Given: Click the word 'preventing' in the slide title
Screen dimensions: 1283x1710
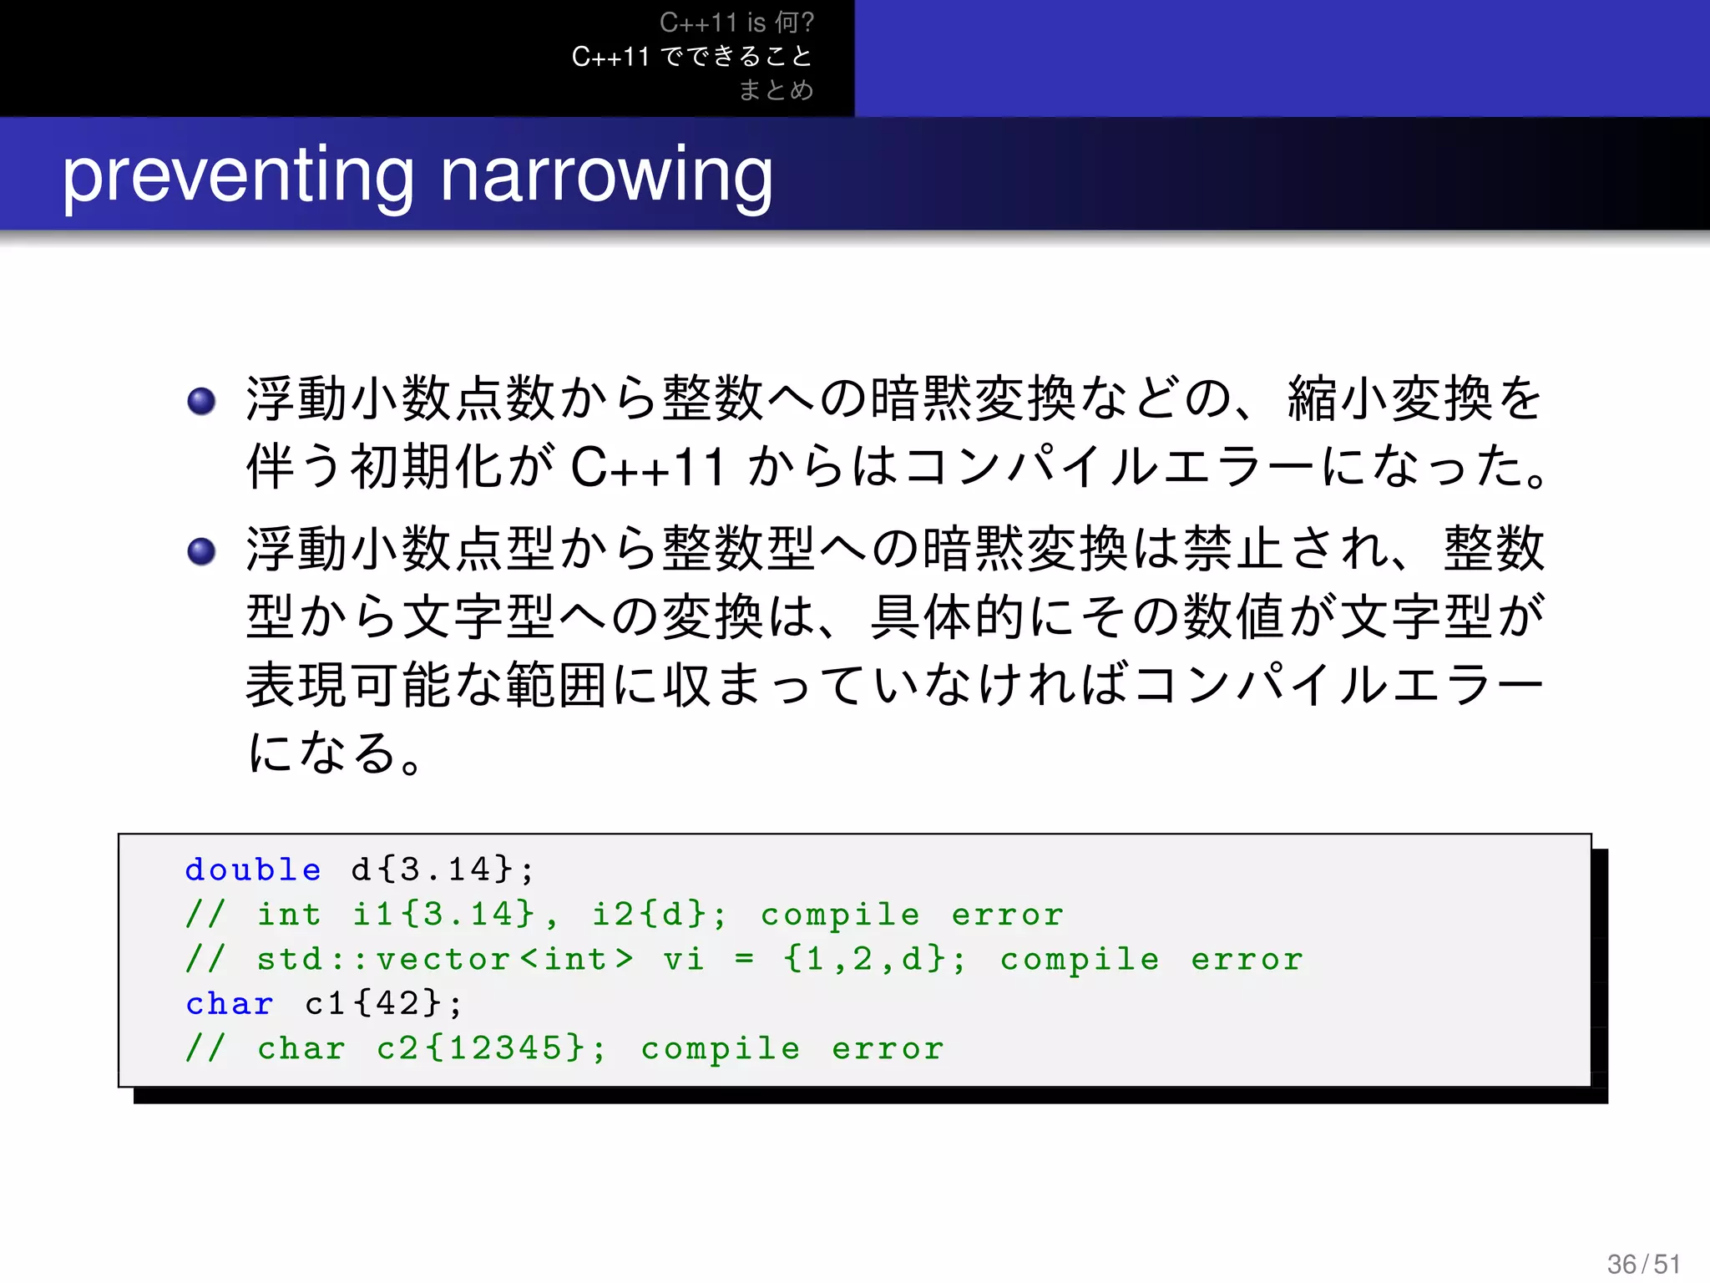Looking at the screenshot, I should (238, 177).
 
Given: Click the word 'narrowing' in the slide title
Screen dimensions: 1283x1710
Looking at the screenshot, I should (606, 177).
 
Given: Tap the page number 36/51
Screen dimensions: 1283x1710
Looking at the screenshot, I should (1643, 1264).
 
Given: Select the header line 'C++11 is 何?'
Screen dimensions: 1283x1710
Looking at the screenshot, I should (736, 23).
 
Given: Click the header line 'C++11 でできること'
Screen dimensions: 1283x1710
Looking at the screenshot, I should (692, 57).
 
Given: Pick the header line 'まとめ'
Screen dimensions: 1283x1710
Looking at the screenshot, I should (776, 89).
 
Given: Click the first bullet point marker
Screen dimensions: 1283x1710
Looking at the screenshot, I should (202, 402).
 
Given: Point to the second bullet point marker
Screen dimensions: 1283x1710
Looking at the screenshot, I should (202, 551).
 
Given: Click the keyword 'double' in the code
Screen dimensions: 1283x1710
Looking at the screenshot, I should (253, 870).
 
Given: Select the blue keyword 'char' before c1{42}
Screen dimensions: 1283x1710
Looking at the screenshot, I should (230, 1004).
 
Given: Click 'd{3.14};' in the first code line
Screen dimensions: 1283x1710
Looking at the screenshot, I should (443, 870).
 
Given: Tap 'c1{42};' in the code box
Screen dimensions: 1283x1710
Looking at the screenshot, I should (383, 1004).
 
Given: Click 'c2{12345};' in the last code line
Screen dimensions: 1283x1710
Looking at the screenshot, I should (492, 1048).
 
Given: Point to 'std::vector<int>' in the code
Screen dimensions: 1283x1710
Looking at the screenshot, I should (444, 959).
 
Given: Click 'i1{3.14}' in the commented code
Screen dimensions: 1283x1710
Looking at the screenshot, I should (443, 915).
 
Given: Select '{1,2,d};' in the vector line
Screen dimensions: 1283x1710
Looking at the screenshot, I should (875, 959).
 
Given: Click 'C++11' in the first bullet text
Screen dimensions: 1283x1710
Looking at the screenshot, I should (647, 467).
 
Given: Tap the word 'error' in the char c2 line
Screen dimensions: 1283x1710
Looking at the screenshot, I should (888, 1048).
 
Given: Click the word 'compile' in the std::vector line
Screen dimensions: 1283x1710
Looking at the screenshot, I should (1080, 959).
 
